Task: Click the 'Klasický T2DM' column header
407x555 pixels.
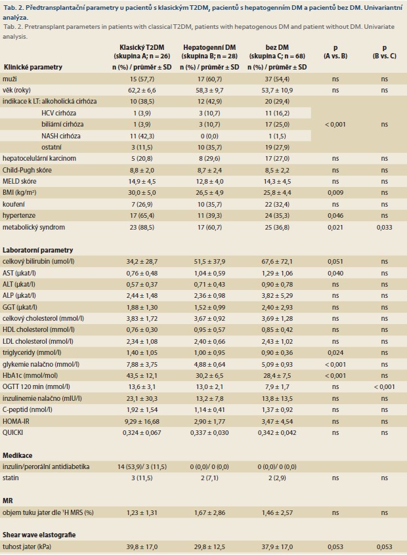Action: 142,47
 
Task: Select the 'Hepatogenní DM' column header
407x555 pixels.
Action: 209,47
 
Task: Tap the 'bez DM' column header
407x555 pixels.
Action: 277,47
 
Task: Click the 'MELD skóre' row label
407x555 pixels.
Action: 20,181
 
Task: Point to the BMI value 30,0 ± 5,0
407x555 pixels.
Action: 142,193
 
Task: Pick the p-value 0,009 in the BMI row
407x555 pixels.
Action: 335,193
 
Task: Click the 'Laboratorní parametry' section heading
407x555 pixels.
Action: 37,250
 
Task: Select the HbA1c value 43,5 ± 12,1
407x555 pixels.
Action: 142,375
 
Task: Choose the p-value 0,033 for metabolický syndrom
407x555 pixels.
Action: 384,227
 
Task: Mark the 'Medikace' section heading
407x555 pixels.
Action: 17,455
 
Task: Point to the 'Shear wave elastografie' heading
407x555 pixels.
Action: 39,535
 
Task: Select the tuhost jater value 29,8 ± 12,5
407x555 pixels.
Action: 209,547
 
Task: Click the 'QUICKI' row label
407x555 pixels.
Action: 12,432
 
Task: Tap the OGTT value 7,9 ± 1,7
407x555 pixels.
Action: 277,387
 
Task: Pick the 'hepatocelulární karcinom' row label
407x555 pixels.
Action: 39,158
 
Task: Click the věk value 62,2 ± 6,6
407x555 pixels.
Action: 142,91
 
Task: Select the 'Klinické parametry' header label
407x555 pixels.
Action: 33,67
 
